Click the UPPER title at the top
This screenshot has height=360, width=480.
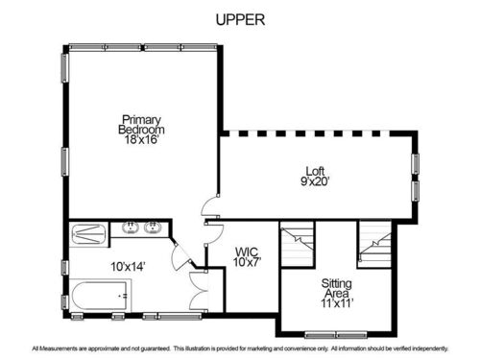pos(240,20)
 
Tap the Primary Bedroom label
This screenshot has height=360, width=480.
pos(141,125)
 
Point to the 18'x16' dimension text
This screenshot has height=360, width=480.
pos(142,139)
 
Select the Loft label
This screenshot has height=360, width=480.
pos(315,171)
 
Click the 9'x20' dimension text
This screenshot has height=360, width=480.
pos(315,181)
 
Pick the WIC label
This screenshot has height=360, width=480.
pos(247,252)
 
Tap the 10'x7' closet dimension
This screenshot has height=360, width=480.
pos(247,262)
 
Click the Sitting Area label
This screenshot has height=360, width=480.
pos(337,288)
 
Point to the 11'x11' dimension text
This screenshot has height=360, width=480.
pos(337,303)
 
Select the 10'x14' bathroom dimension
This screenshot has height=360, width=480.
pos(128,267)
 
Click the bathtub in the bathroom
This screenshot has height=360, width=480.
pos(99,296)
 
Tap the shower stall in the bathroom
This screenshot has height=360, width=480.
pos(89,234)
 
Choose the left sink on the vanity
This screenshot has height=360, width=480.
pos(131,228)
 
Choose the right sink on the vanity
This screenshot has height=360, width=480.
pos(153,228)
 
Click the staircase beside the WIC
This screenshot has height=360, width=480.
pos(297,243)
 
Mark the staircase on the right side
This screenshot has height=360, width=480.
pos(374,244)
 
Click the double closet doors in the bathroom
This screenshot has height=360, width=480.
pos(198,291)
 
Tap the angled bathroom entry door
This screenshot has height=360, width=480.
pos(181,255)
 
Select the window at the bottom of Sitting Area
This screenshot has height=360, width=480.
pos(336,335)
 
